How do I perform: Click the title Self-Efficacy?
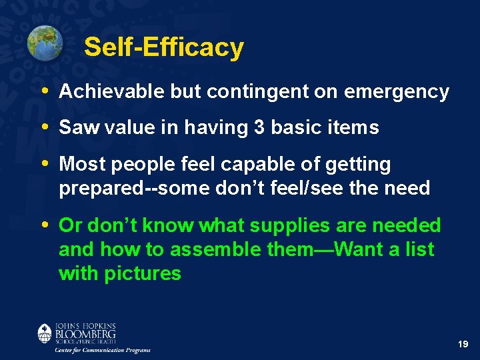click(164, 47)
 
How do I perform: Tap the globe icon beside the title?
click(45, 43)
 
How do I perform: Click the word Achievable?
click(112, 92)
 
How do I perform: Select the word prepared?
click(100, 189)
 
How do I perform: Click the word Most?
click(80, 164)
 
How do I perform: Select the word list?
click(421, 249)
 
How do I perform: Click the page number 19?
click(463, 344)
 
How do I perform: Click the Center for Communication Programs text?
click(103, 350)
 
